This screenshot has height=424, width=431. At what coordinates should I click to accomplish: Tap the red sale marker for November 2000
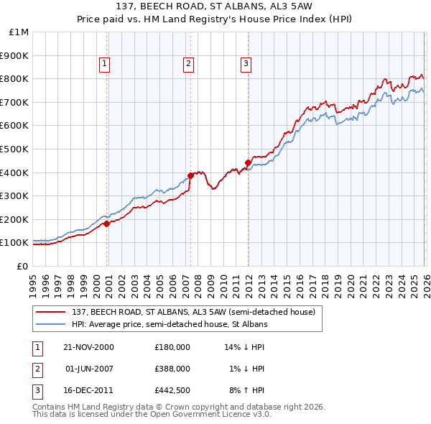pyautogui.click(x=107, y=223)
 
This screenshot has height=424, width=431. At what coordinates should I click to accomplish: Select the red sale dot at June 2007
pyautogui.click(x=190, y=175)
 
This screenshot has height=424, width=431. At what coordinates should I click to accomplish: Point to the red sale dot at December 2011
pyautogui.click(x=248, y=162)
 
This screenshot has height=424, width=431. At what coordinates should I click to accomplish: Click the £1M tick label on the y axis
pyautogui.click(x=17, y=32)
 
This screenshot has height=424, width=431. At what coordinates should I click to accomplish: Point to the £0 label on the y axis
pyautogui.click(x=22, y=266)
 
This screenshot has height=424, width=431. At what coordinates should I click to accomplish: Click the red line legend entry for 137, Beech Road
pyautogui.click(x=193, y=312)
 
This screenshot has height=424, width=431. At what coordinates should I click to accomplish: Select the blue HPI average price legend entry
pyautogui.click(x=169, y=324)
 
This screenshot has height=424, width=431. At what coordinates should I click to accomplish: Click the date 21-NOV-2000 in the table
pyautogui.click(x=88, y=346)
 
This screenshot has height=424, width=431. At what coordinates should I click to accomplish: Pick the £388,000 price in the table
pyautogui.click(x=172, y=369)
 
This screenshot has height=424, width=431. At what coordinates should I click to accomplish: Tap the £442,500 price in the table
pyautogui.click(x=172, y=391)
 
